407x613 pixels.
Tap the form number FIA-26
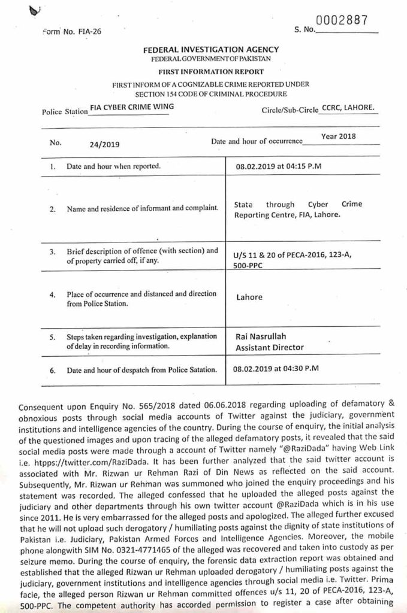coord(73,32)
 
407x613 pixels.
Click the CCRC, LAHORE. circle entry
coord(348,108)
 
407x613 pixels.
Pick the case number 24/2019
coord(105,144)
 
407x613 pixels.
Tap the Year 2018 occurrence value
coord(338,136)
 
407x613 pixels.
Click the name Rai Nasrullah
coord(258,337)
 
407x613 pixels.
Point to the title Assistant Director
coord(270,347)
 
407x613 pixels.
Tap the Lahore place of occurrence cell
coord(248,297)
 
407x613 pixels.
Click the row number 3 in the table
coord(53,251)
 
